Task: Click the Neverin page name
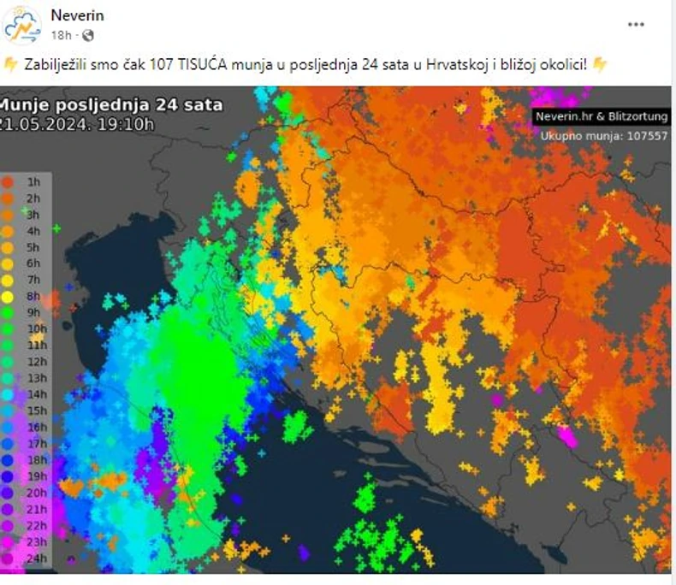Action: coord(77,15)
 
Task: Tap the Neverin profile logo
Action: coord(23,25)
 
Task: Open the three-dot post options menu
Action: coord(636,25)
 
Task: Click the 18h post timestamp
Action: coord(60,35)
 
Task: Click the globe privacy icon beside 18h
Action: coord(87,35)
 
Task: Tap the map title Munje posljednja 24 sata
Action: coord(111,106)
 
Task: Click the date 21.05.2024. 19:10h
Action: coord(77,123)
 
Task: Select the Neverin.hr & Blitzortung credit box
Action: coord(601,116)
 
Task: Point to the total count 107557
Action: coord(648,135)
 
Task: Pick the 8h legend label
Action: coord(33,296)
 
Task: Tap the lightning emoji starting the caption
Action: coord(10,65)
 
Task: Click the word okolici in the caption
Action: coord(559,65)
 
